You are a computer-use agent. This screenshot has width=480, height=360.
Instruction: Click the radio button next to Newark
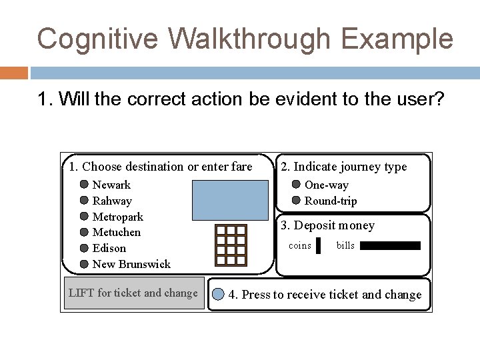(84, 185)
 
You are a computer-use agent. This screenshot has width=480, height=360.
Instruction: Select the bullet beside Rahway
(84, 201)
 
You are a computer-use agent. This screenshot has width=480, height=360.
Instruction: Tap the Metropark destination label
(117, 217)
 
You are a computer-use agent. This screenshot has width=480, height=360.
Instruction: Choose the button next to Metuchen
(84, 232)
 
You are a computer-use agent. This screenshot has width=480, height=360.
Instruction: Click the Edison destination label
(109, 248)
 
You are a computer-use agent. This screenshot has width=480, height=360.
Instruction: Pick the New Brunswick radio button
(84, 264)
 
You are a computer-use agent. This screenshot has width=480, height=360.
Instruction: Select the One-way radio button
(296, 185)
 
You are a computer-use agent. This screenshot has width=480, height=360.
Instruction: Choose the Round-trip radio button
(296, 201)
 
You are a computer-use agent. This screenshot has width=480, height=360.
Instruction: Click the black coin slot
(318, 246)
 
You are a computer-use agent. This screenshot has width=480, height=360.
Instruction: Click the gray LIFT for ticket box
(133, 293)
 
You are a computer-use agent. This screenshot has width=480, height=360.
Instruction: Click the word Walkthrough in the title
(247, 39)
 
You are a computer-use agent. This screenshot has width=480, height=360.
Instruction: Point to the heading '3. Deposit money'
(327, 225)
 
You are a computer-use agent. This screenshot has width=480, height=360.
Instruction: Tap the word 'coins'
(299, 246)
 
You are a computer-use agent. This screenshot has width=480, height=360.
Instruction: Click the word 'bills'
(345, 246)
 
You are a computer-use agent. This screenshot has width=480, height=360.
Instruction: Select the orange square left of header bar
(14, 73)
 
